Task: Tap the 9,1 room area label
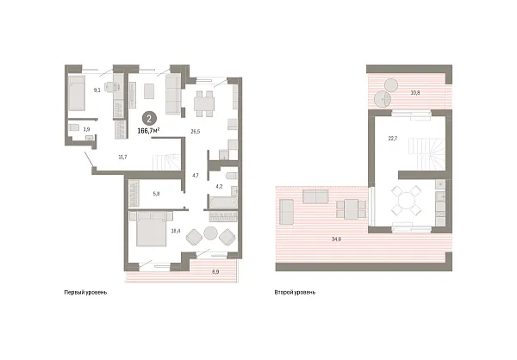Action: click(98, 88)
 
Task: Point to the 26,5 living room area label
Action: click(195, 132)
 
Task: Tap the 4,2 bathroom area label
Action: click(219, 186)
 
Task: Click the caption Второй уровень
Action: click(295, 293)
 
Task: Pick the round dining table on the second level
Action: click(405, 201)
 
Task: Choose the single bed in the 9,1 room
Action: click(76, 93)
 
